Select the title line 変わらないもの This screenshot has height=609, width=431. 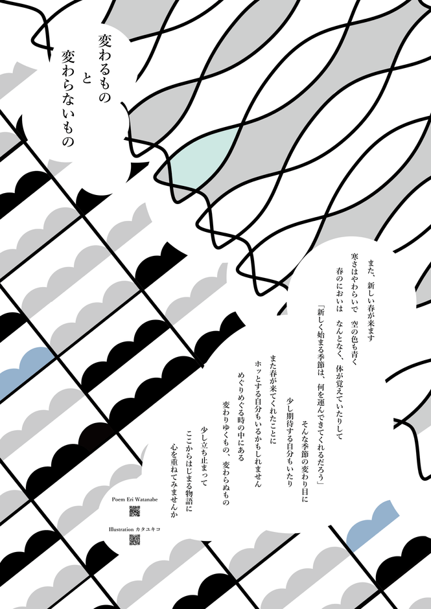click(68, 98)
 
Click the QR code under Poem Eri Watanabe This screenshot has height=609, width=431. click(134, 511)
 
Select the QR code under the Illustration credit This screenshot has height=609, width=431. click(134, 540)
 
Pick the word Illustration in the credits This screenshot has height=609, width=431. click(121, 529)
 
